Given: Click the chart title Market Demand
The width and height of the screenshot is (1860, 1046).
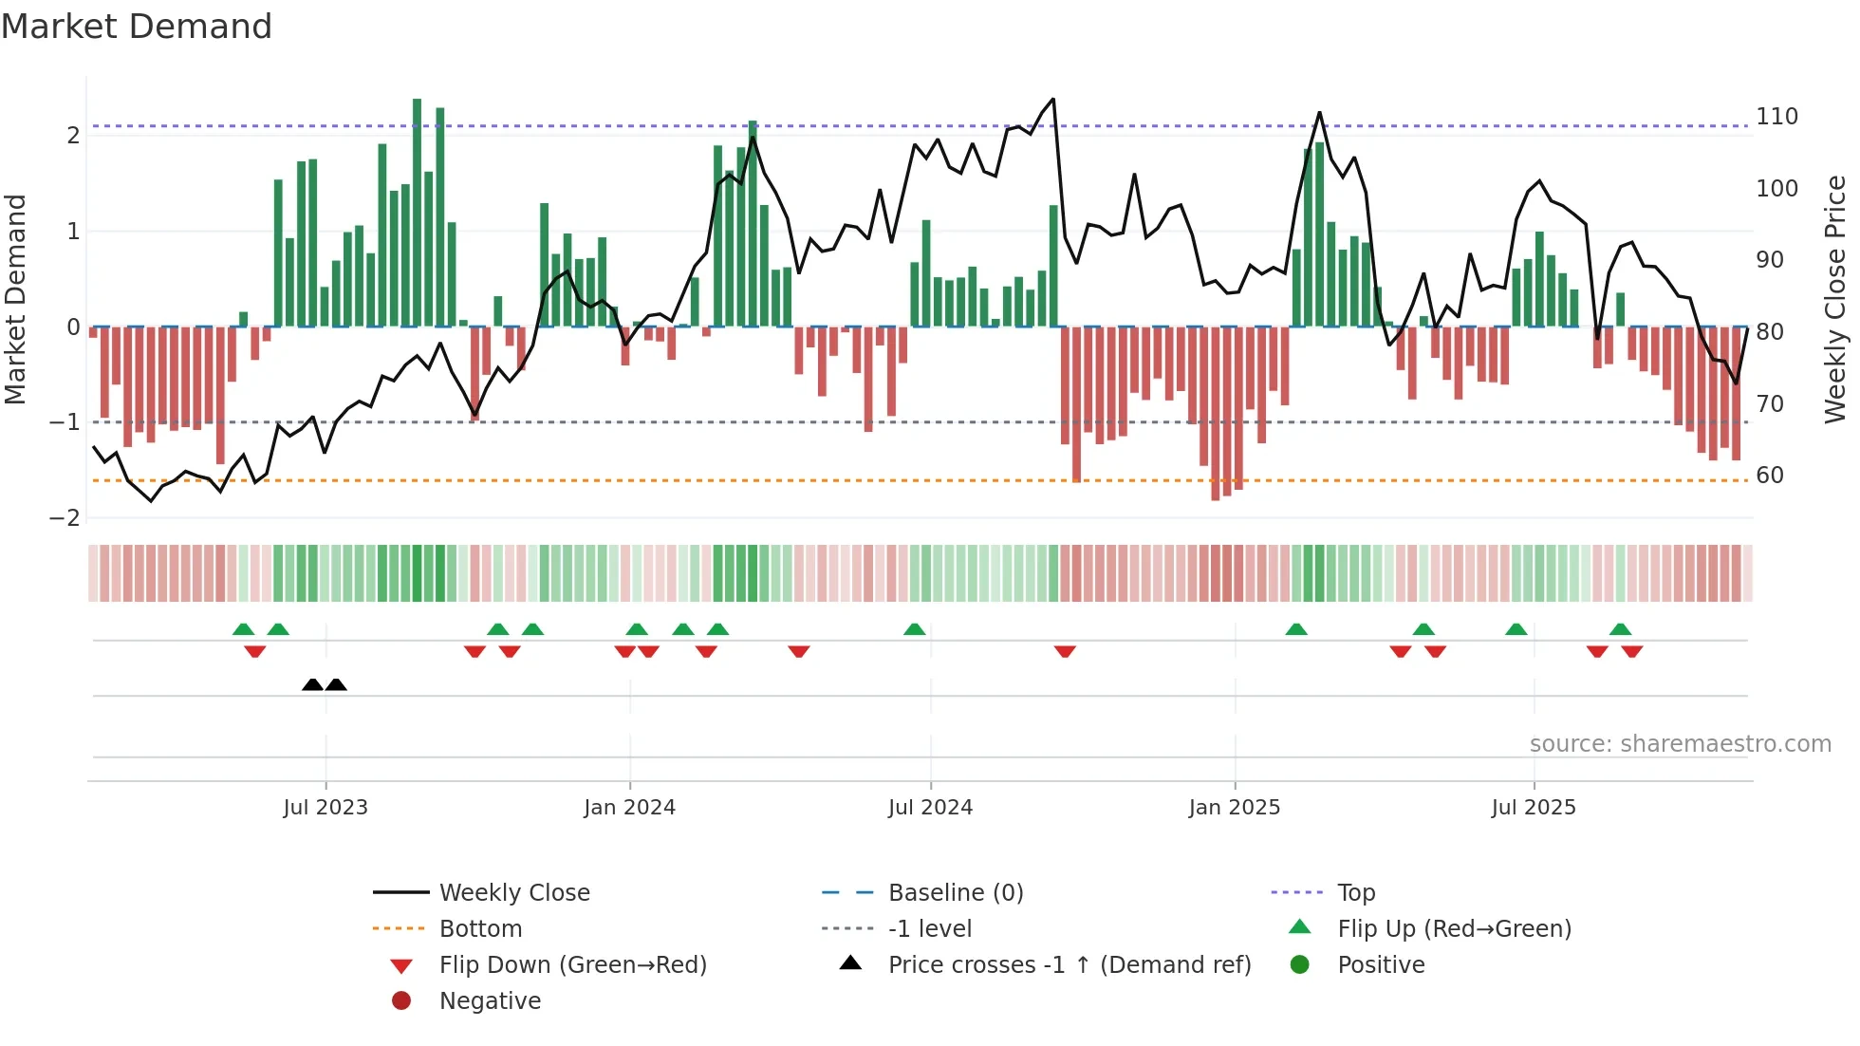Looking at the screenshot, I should (137, 27).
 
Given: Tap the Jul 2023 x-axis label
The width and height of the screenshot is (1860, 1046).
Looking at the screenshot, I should (325, 808).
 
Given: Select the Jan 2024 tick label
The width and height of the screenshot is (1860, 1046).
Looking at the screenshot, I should (629, 808).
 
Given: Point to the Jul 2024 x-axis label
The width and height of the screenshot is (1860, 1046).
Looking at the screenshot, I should (930, 808).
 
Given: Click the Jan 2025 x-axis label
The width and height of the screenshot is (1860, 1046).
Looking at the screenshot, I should (1234, 808).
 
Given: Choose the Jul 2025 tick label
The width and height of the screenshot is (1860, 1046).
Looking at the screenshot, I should (1534, 808).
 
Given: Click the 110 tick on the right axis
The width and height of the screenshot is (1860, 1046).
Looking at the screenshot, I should (1776, 117).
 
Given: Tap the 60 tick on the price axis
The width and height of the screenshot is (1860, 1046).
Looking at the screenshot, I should (1770, 476).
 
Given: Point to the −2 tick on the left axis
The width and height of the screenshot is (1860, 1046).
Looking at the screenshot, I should (65, 518).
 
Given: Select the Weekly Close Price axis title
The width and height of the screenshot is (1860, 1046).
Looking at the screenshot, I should (1835, 299).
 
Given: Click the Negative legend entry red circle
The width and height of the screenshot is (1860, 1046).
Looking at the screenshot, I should (401, 1001).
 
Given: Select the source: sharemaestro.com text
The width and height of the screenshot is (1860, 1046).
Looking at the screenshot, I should (1680, 744).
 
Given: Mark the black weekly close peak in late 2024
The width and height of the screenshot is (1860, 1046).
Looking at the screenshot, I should (1053, 100).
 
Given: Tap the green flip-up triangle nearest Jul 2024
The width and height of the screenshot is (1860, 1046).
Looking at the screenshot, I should (915, 629).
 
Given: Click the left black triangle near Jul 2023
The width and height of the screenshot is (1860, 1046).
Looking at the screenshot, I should (312, 684).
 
